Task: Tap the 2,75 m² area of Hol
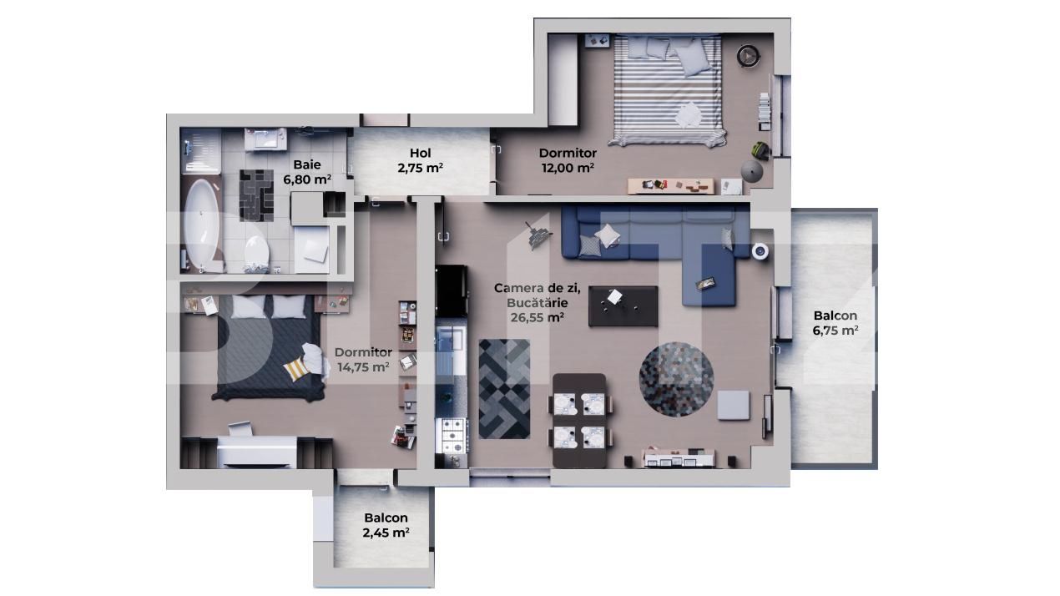[x=420, y=167]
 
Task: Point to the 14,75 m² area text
[x=363, y=366]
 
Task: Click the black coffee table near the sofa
[x=623, y=306]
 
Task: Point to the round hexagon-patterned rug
[x=676, y=379]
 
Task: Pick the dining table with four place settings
[x=579, y=419]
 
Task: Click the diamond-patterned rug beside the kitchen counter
[x=504, y=388]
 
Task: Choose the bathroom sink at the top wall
[x=269, y=139]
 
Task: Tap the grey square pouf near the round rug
[x=734, y=405]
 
